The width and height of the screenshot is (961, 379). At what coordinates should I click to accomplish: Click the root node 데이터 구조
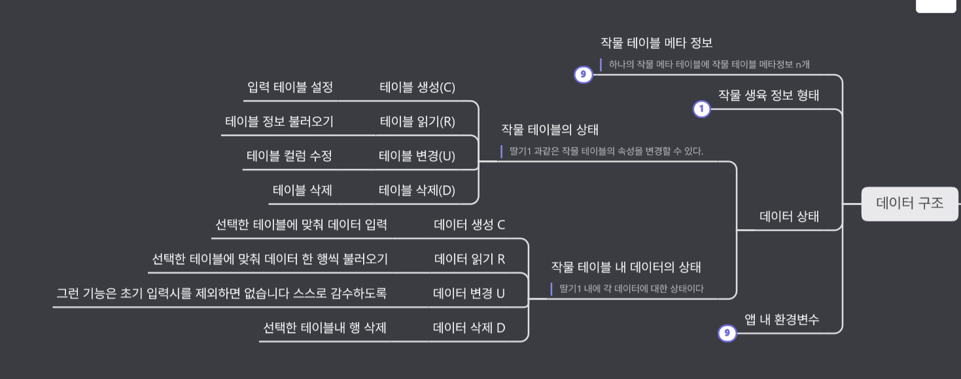pos(909,204)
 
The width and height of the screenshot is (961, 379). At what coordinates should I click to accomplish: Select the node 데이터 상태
pos(789,217)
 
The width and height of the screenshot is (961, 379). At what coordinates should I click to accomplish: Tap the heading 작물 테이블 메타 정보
pos(656,43)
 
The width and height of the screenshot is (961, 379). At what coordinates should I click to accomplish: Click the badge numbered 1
pos(701,109)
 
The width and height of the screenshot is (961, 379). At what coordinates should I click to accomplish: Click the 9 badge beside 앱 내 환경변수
pos(727,334)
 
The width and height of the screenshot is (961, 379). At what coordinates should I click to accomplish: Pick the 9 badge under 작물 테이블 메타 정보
pos(583,75)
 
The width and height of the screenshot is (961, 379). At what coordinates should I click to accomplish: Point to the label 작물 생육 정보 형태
pos(769,95)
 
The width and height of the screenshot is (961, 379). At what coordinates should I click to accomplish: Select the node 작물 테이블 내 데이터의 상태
pos(625,267)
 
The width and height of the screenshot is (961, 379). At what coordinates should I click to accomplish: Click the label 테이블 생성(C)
pos(417,88)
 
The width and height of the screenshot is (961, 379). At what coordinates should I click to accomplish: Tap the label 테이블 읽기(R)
pos(417,122)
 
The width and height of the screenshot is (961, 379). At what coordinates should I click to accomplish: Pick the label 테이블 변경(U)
pos(417,156)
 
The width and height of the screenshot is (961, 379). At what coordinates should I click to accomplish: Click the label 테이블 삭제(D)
pos(417,190)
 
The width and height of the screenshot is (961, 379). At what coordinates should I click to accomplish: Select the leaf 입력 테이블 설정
pos(290,88)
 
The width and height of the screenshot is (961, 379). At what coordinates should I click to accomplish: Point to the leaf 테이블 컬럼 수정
pos(289,156)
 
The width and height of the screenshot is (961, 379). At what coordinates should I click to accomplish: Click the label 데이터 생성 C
pos(469,225)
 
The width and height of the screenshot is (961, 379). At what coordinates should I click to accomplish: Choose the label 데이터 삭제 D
pos(469,328)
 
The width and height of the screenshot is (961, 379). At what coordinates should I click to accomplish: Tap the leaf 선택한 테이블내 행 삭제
pos(324,328)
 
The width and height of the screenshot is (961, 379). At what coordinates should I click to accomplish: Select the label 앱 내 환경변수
pos(782,319)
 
